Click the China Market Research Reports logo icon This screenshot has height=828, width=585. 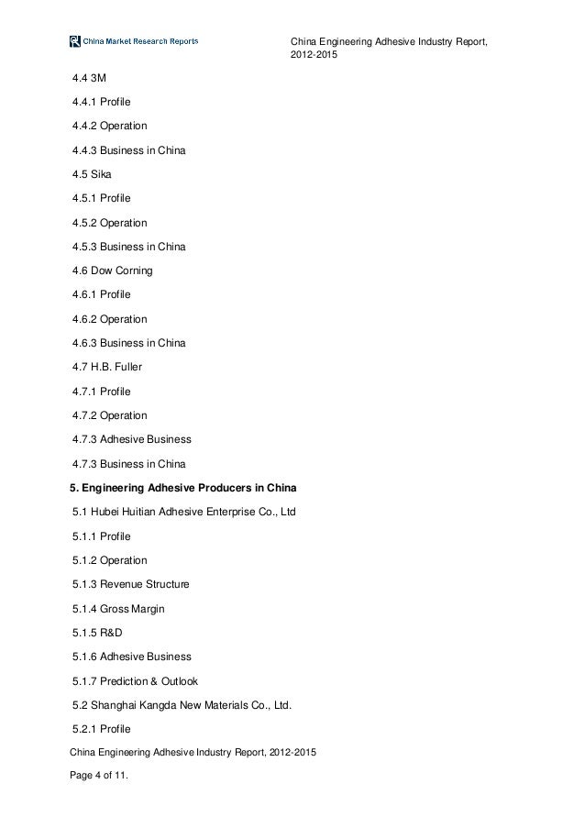pyautogui.click(x=75, y=40)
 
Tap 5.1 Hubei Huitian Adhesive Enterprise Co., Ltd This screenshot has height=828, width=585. pyautogui.click(x=183, y=511)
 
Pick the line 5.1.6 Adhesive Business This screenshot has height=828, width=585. pyautogui.click(x=131, y=657)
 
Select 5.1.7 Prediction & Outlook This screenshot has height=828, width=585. pyautogui.click(x=136, y=681)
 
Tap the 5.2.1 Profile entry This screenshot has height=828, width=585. pyautogui.click(x=101, y=730)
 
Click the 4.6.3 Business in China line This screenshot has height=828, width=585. pyautogui.click(x=128, y=344)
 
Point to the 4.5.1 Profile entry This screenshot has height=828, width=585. pyautogui.click(x=101, y=198)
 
